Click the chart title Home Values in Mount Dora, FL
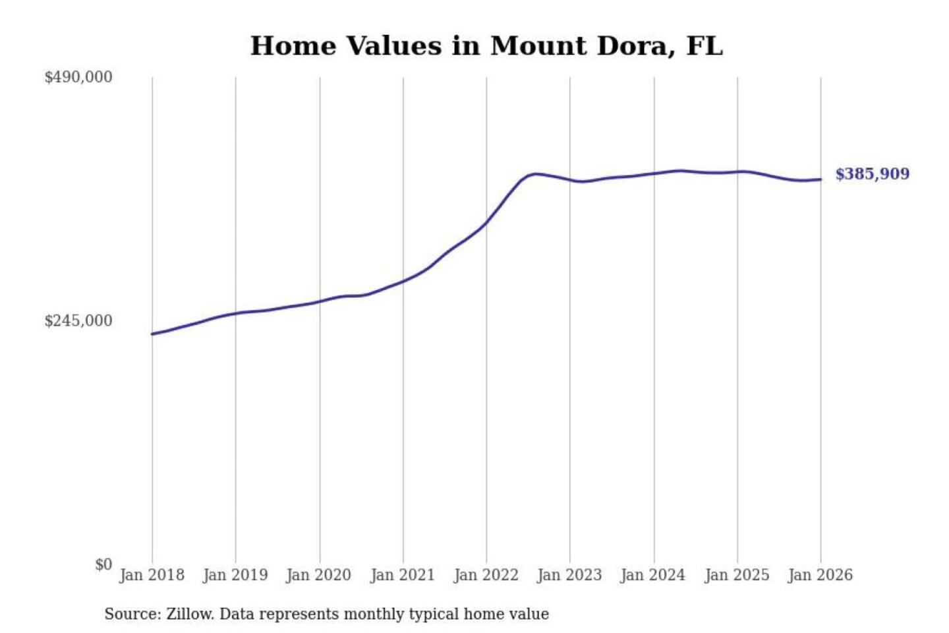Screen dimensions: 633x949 point(486,46)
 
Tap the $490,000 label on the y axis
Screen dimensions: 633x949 point(78,77)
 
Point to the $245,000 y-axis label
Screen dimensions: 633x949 point(78,320)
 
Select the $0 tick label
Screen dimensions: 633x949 point(103,564)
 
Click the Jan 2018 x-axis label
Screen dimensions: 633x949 point(152,575)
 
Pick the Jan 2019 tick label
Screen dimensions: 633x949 point(235,575)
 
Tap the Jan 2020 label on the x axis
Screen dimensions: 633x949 point(318,575)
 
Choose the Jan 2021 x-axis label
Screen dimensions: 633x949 point(403,575)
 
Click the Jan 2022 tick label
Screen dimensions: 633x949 point(486,575)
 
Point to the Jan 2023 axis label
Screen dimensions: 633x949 point(569,575)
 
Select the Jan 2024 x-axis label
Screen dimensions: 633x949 point(653,575)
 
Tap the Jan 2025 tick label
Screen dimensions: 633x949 point(737,575)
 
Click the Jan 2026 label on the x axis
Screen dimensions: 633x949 point(820,575)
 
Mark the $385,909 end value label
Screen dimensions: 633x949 point(872,174)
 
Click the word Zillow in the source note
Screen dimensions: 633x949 point(189,614)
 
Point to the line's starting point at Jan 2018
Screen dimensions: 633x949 point(152,334)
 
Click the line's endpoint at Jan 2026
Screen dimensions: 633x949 point(820,179)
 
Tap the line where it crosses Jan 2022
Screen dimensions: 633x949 point(486,222)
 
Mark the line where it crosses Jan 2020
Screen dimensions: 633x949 point(320,301)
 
